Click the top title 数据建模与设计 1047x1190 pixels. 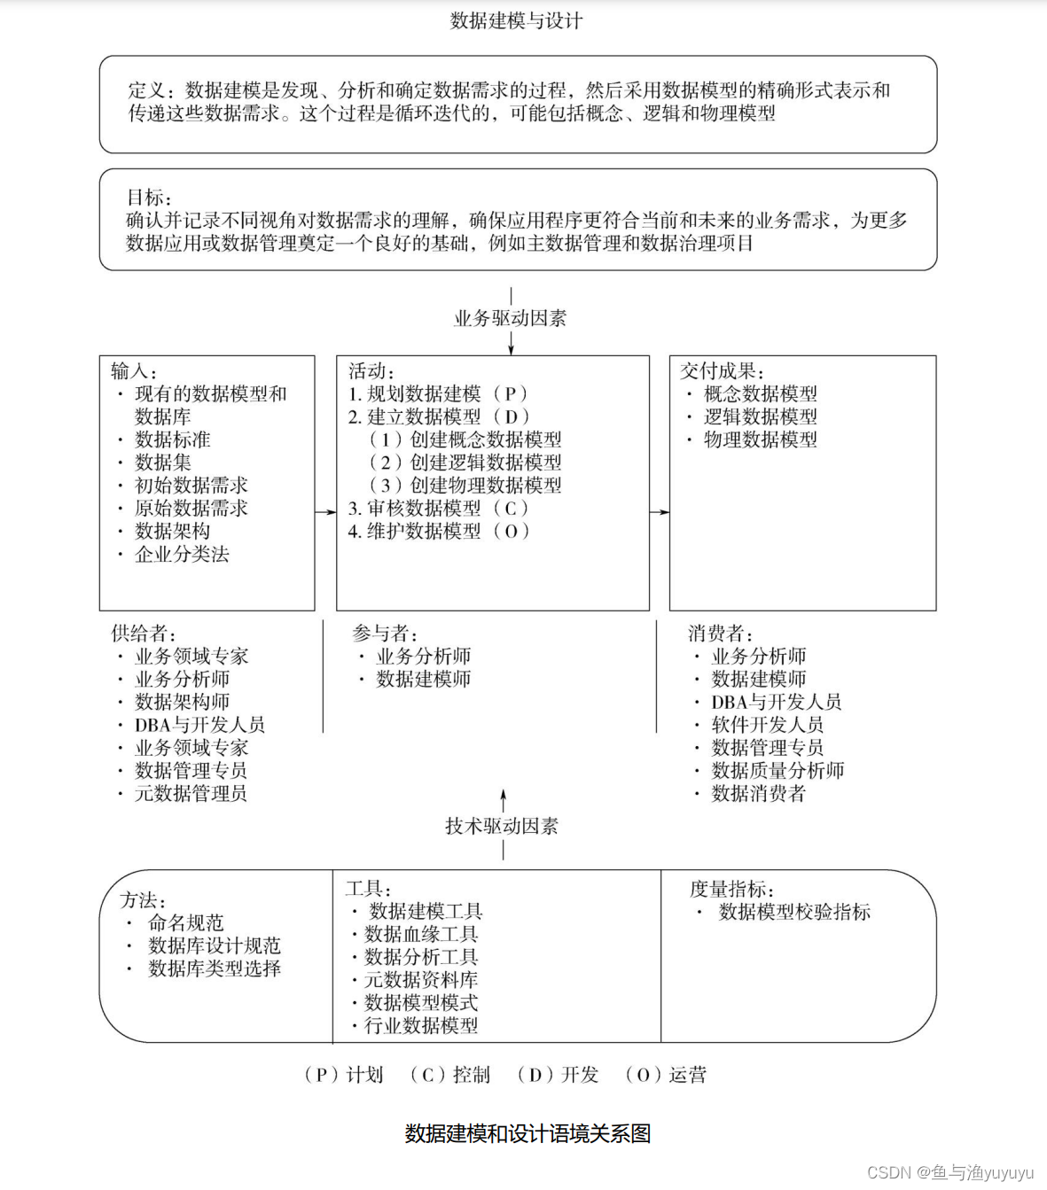click(516, 20)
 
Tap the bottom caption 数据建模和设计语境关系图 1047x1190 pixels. click(527, 1133)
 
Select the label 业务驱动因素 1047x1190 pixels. click(510, 318)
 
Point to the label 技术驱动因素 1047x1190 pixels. click(502, 826)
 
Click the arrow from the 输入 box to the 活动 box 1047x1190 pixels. click(325, 511)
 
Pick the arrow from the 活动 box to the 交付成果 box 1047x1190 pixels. click(659, 511)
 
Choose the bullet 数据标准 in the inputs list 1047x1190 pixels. click(172, 439)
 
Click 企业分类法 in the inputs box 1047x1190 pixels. click(182, 555)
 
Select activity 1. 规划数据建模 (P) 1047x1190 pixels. click(438, 393)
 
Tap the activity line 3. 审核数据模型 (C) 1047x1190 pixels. click(438, 509)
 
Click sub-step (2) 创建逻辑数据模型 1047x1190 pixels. click(465, 463)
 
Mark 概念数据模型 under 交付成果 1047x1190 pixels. click(760, 393)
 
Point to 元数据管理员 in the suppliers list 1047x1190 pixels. click(191, 794)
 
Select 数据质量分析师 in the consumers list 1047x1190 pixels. click(777, 771)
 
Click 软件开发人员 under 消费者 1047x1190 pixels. click(768, 725)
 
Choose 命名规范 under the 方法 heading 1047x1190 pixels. click(185, 923)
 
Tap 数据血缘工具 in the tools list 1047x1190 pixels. click(421, 934)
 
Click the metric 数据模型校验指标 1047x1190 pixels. click(794, 912)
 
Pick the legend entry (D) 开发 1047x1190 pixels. click(559, 1075)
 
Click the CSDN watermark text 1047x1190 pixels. click(949, 1172)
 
